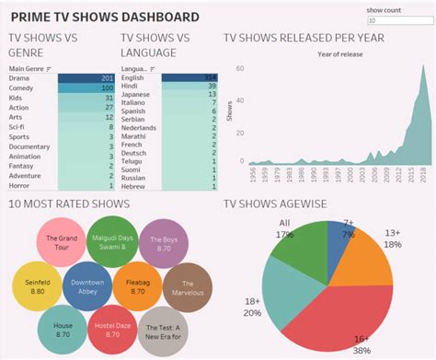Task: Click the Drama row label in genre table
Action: (20, 79)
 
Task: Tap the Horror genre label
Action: (20, 185)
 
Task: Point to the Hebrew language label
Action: (135, 185)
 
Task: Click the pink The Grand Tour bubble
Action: (65, 241)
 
